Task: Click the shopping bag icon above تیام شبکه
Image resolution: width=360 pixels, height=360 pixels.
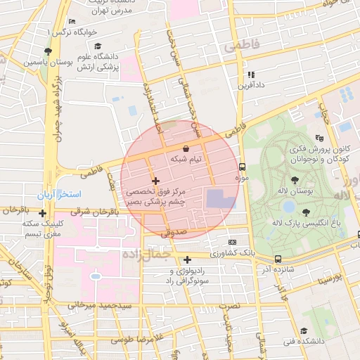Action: (x=186, y=148)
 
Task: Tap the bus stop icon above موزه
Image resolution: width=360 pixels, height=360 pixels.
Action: (x=243, y=167)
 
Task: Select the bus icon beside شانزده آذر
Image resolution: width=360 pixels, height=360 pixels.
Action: (x=278, y=259)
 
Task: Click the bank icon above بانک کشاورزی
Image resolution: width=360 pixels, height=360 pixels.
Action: (x=233, y=242)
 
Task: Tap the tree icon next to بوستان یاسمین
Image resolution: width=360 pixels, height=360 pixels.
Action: (x=48, y=51)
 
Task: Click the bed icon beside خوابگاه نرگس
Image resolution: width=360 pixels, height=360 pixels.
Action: (x=72, y=22)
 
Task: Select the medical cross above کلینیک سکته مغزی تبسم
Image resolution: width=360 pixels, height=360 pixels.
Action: (x=43, y=213)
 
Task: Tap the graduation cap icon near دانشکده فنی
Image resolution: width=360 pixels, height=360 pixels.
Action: (x=303, y=330)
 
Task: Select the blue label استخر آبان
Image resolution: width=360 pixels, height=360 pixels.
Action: (x=59, y=193)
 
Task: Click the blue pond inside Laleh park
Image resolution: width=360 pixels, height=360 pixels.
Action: (x=289, y=207)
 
